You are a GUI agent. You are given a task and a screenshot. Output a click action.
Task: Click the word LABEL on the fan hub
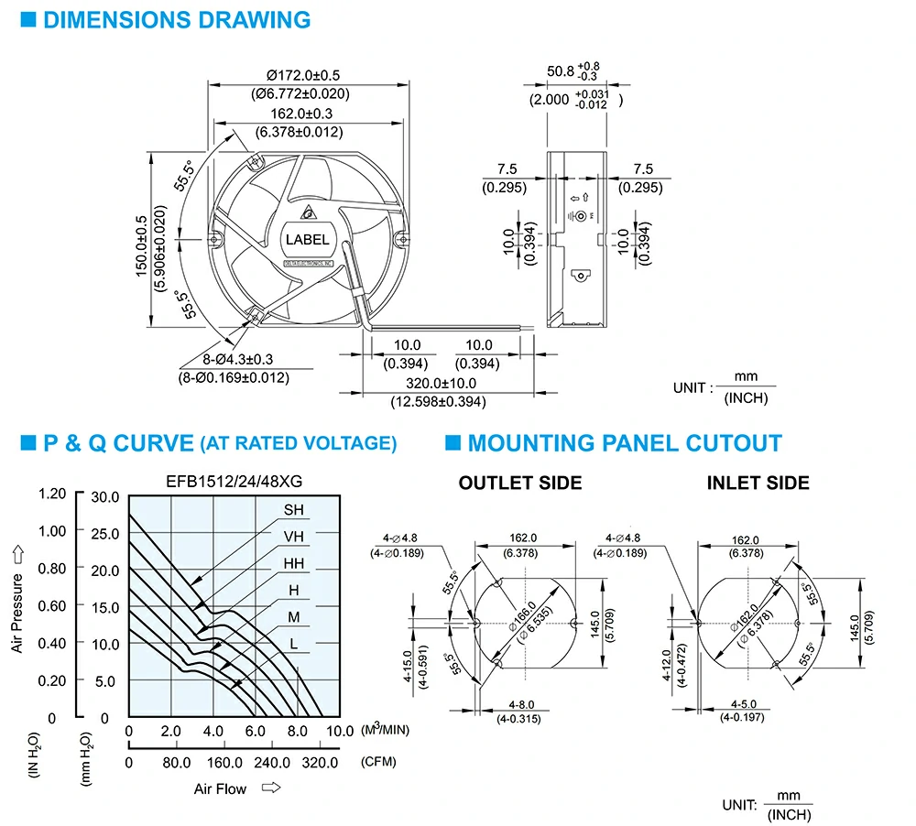307,240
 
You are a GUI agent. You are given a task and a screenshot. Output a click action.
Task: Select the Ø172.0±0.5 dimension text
302,75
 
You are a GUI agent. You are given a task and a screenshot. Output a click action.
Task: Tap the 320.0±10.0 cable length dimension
442,383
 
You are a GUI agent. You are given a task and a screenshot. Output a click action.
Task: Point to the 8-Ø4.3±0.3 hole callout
238,359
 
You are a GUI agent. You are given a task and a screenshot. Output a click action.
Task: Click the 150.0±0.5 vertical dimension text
142,246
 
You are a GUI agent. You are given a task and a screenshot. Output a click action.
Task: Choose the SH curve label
294,510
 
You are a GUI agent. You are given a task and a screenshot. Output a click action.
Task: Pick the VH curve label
294,537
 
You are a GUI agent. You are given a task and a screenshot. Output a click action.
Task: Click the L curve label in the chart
294,644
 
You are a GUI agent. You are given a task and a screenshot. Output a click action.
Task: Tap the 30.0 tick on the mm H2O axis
105,497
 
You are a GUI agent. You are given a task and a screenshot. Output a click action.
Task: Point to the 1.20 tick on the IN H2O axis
52,494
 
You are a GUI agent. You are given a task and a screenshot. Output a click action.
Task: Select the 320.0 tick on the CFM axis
320,762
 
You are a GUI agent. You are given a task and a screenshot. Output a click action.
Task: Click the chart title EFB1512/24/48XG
234,482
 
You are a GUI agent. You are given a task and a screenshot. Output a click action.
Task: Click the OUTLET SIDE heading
520,484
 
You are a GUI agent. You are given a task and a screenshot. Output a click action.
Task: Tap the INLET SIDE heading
758,484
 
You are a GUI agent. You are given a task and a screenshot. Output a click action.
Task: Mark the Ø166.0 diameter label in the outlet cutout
522,615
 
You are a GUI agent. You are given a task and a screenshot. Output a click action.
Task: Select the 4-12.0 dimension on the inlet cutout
667,666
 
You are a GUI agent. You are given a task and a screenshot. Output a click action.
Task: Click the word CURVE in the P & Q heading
153,443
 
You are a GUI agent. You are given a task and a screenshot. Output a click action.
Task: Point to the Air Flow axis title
220,789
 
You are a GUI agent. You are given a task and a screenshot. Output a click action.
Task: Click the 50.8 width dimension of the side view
561,71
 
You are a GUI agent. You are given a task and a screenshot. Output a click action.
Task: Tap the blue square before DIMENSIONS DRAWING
28,20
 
